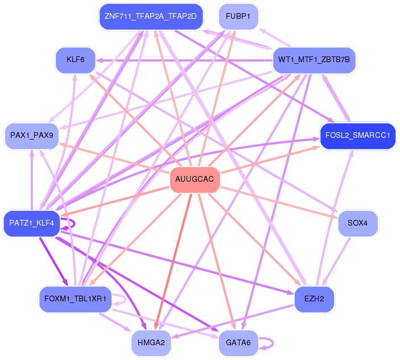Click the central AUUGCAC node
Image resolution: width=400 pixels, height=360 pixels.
(x=195, y=179)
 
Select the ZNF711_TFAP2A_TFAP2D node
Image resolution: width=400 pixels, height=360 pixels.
(x=150, y=16)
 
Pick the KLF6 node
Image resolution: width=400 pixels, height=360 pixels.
(x=75, y=59)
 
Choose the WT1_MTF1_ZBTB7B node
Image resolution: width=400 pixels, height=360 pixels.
(x=314, y=59)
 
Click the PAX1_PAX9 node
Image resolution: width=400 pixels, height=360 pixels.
(x=32, y=136)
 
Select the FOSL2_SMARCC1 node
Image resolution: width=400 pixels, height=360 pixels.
(x=357, y=136)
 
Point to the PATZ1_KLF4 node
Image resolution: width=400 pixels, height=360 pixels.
(x=31, y=223)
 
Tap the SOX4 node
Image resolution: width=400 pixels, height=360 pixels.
(x=357, y=223)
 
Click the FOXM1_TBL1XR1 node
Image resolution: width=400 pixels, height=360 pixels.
(x=75, y=299)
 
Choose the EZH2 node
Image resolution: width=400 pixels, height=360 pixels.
(x=314, y=299)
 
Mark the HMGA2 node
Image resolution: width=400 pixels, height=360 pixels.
(x=151, y=342)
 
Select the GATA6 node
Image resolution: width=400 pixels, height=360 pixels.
(x=238, y=342)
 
